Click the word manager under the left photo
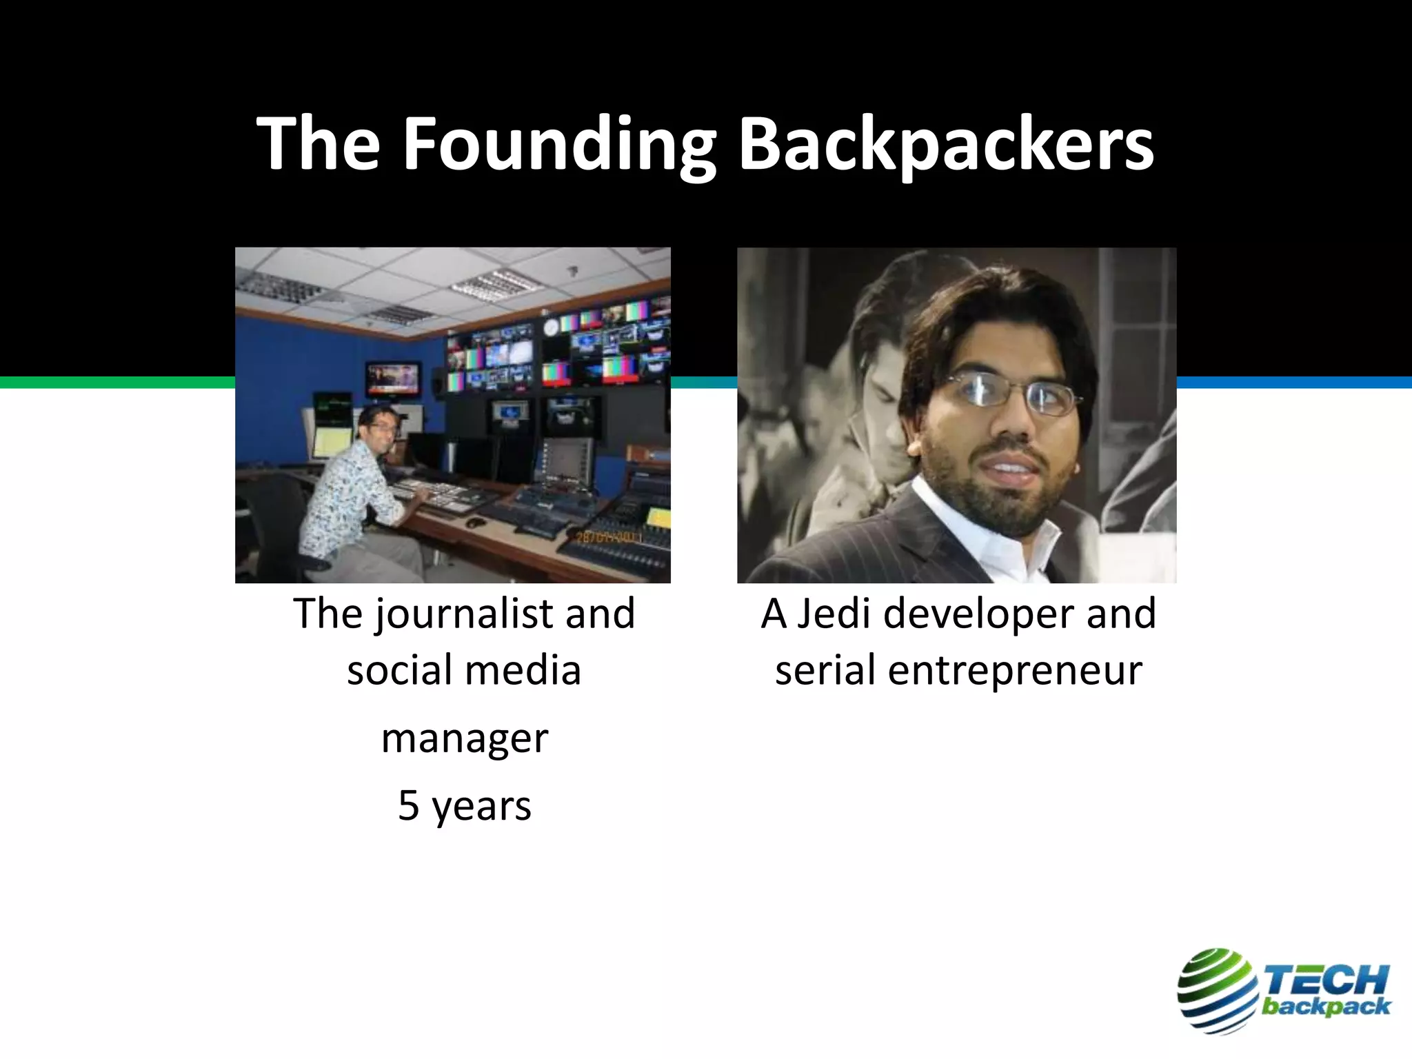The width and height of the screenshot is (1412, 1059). point(465,739)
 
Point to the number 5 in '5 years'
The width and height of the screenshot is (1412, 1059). point(408,805)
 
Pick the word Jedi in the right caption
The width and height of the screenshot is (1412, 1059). point(834,614)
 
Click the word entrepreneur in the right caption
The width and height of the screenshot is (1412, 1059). point(1015,671)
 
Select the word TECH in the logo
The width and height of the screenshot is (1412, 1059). point(1324,979)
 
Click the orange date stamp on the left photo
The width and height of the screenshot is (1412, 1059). point(607,537)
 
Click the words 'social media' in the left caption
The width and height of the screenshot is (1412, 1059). point(464,671)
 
